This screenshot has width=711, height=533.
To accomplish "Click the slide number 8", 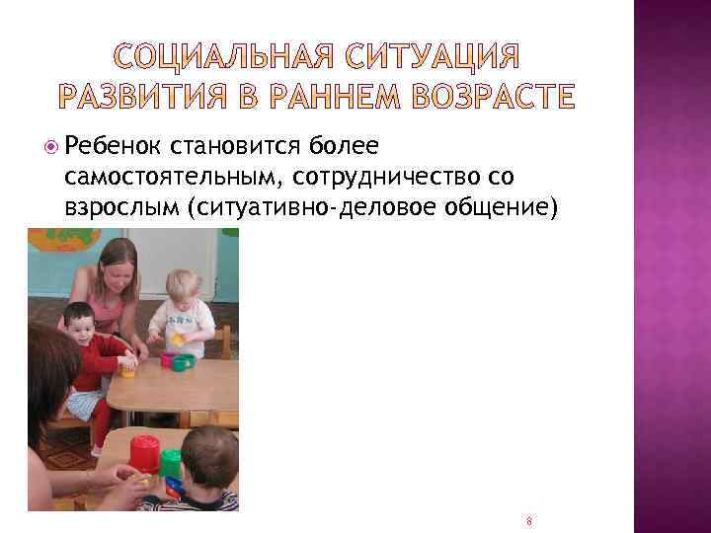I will pyautogui.click(x=530, y=520).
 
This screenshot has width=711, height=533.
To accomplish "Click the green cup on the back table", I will pyautogui.click(x=184, y=361).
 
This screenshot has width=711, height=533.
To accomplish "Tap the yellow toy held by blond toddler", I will pyautogui.click(x=178, y=340).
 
